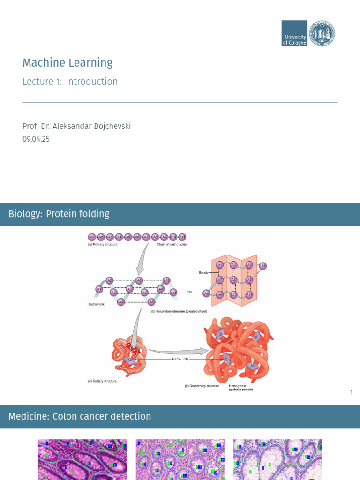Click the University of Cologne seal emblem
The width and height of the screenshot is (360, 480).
(x=322, y=33)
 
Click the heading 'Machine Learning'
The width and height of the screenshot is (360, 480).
(x=67, y=63)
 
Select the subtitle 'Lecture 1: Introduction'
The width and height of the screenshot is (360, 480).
(x=70, y=82)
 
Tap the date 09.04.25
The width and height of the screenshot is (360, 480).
(x=36, y=139)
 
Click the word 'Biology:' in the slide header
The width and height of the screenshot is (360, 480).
(x=25, y=214)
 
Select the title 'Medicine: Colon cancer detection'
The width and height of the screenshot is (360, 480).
(x=80, y=416)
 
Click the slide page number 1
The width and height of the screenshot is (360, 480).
(x=351, y=392)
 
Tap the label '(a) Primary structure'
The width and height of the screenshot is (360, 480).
(x=103, y=244)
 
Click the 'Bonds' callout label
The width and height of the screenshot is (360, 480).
(x=203, y=272)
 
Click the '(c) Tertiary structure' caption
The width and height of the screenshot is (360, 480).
(x=102, y=381)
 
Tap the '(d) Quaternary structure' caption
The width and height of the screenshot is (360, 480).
(x=202, y=386)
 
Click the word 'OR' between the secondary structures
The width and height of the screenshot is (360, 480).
(x=189, y=292)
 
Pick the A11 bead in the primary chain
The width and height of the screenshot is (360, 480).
(x=183, y=237)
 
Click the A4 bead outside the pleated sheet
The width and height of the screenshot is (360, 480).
(x=263, y=266)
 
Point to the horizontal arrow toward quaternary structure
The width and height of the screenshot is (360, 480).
(x=178, y=350)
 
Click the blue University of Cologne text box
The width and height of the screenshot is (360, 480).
(x=294, y=33)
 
